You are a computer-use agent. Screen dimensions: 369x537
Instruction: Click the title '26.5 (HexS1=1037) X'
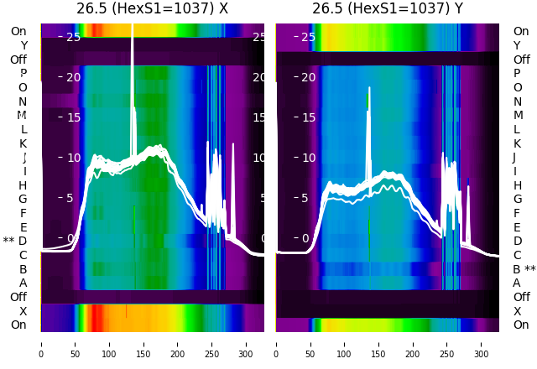(x=152, y=9)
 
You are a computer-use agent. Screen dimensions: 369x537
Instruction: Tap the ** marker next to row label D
(x=8, y=242)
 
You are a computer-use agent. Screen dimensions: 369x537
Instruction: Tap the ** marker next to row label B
(x=529, y=269)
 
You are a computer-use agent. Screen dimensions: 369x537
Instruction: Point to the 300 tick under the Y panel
(x=481, y=343)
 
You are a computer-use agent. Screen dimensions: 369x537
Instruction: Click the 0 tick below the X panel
(x=41, y=343)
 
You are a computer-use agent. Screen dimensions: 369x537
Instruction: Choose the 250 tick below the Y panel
(x=447, y=343)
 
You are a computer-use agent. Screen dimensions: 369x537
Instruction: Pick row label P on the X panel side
(x=23, y=74)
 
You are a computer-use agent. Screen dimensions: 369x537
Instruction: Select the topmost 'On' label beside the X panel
(x=18, y=32)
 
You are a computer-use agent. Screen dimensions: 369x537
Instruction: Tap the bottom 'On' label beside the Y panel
(x=521, y=325)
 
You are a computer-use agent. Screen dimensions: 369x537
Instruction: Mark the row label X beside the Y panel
(x=517, y=311)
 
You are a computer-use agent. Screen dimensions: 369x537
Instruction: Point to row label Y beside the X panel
(x=23, y=46)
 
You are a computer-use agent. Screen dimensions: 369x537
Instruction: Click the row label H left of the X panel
(x=23, y=185)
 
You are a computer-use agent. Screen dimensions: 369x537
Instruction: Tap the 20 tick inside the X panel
(x=73, y=77)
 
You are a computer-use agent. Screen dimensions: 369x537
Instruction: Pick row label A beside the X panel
(x=23, y=283)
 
